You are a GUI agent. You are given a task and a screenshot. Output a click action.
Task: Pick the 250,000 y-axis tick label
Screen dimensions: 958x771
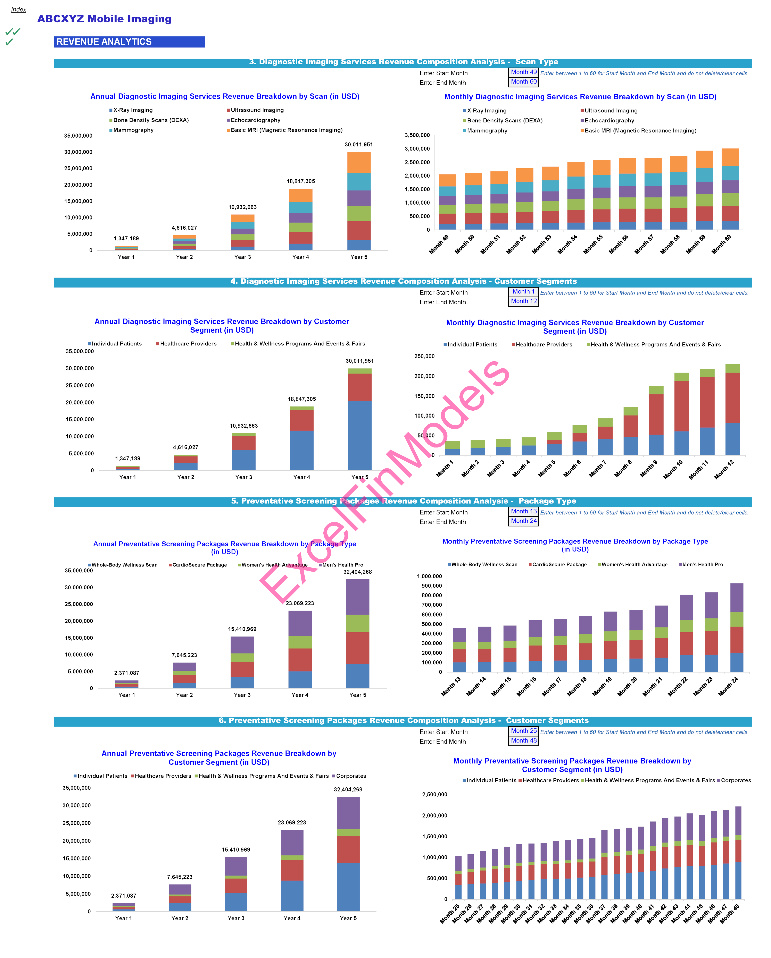[424, 356]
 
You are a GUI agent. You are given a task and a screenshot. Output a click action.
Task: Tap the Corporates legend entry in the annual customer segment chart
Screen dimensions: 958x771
[351, 776]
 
